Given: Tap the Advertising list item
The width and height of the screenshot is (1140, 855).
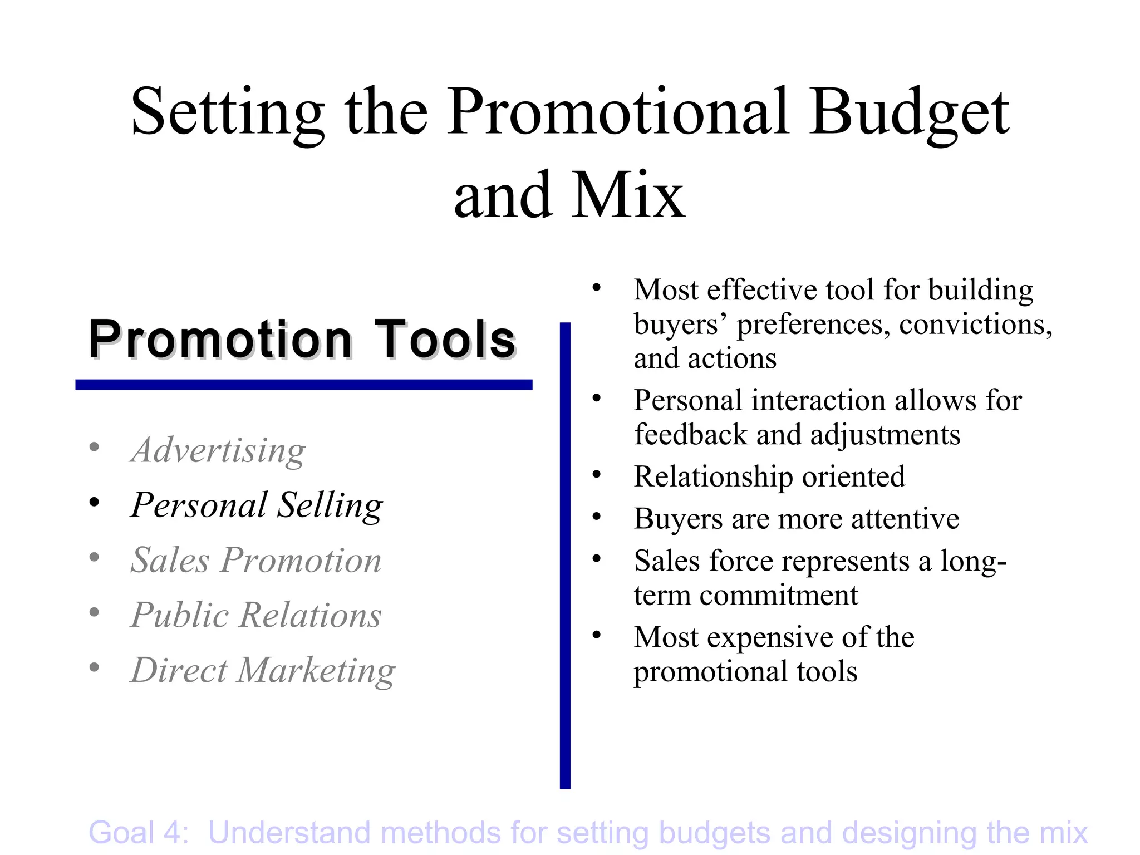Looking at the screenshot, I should pos(218,450).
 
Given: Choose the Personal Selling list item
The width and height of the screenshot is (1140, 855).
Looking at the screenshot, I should pos(257,505).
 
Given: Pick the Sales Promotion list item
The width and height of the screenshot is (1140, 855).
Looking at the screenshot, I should pos(256,560).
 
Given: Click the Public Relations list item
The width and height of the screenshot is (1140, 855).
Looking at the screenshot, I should pos(256,615).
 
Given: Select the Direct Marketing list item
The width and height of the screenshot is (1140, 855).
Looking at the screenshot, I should pos(263,670).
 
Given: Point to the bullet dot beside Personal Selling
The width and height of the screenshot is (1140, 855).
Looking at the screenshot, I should pos(95,502).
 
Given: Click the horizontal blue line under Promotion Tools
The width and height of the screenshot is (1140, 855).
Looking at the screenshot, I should pos(304,385).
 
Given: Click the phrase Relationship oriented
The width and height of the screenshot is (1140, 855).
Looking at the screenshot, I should pos(769,476).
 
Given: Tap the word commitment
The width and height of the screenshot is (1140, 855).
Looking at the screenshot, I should pos(779,595).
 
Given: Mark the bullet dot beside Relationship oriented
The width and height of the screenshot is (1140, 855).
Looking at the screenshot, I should pos(597,474).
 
